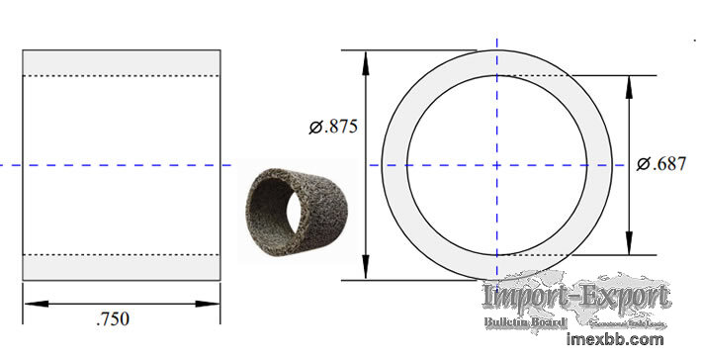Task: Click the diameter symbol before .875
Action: coord(315,127)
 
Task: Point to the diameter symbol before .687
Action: coord(644,164)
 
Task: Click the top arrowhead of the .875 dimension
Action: coord(367,58)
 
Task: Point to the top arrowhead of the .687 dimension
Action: coord(630,84)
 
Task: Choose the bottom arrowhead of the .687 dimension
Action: coord(630,246)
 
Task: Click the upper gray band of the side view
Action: coord(121,61)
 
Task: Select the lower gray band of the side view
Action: coord(121,268)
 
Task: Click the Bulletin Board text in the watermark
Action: coord(524,321)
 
